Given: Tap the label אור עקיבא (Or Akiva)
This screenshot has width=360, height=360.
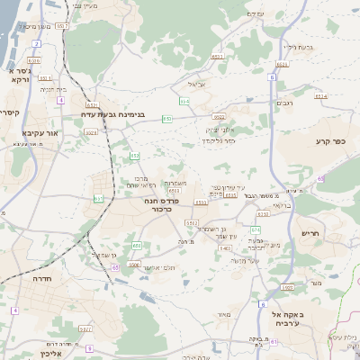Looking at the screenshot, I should point(39,132).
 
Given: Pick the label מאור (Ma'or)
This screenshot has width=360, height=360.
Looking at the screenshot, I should point(224,315).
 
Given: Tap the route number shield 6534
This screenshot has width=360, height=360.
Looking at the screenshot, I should point(184,102).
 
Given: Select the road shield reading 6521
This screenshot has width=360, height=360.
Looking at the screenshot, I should point(283,65).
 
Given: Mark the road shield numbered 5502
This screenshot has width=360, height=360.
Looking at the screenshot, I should point(193,221).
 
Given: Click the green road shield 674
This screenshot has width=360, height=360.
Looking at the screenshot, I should point(256,216).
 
